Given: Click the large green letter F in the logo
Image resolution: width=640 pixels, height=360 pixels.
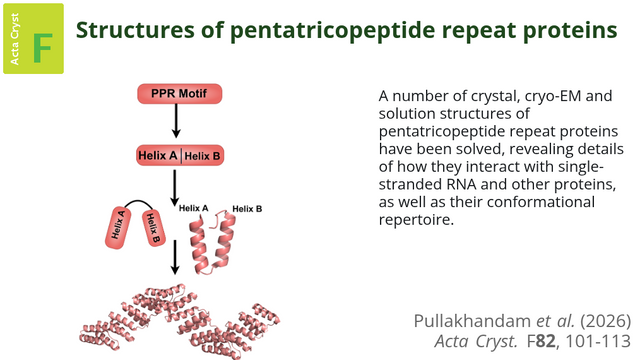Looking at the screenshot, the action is [42, 48].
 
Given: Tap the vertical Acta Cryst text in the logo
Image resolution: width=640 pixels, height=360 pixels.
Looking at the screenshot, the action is [14, 39].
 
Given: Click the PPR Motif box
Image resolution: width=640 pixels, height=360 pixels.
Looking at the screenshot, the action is [179, 93].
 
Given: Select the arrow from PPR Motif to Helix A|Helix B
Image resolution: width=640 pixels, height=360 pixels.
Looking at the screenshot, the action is [176, 121].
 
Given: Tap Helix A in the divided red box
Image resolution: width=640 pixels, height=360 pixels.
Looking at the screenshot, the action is [158, 156].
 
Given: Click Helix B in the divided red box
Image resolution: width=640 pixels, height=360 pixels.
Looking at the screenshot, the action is [202, 156].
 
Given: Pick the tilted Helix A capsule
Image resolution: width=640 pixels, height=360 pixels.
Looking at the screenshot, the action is [118, 227].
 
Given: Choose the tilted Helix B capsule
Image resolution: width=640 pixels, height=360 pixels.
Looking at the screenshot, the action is [153, 228].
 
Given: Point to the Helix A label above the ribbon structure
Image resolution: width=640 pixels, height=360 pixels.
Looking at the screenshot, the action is [193, 208].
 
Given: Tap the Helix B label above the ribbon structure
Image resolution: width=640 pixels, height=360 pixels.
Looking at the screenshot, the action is [247, 209].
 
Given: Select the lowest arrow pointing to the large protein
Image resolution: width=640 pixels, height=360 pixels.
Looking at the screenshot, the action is [175, 257].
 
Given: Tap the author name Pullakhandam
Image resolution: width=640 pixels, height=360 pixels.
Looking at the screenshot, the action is [472, 321].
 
